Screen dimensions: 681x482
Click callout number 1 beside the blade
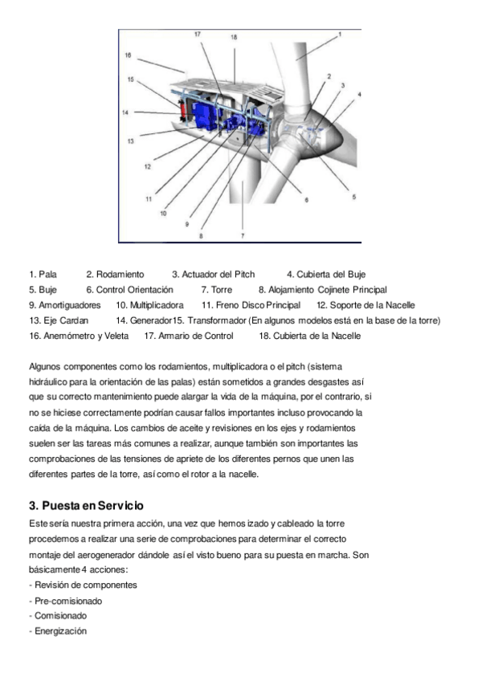coord(339,35)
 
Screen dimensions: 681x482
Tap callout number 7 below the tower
coord(242,235)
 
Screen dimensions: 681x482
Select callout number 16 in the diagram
coord(128,55)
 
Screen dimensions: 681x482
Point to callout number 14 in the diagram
coord(125,112)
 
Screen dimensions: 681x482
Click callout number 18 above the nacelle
coord(234,38)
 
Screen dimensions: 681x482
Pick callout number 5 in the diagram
coord(353,196)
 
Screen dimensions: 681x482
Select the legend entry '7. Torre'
coord(216,290)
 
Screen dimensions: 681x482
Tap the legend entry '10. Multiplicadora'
coord(149,305)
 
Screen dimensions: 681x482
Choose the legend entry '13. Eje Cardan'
coord(55,320)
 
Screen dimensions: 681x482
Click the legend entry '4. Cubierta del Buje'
coord(326,275)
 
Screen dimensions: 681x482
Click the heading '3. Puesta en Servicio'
coord(86,505)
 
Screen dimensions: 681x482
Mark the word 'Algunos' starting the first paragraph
coord(45,365)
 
